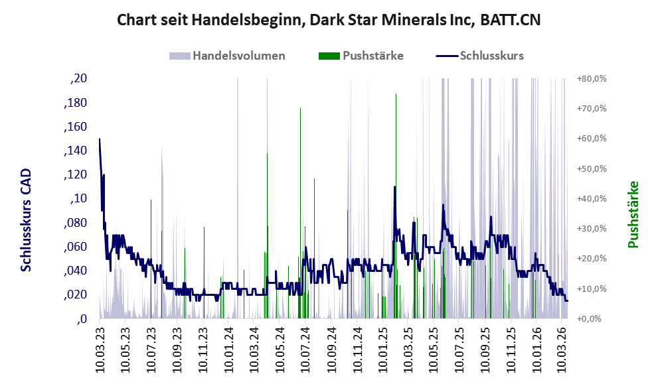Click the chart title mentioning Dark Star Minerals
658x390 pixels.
pos(329,20)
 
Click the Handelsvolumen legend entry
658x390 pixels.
pos(238,56)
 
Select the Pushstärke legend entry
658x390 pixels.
pos(372,56)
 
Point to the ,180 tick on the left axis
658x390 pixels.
pos(75,103)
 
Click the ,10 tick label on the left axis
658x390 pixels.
pos(79,199)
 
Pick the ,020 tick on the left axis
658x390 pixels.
pos(75,294)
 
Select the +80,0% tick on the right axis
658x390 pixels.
pos(592,79)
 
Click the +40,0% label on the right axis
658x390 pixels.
pos(592,199)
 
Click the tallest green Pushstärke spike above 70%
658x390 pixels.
pos(396,96)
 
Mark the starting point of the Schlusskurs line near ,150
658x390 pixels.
pos(100,139)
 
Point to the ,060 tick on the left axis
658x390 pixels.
pos(75,247)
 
